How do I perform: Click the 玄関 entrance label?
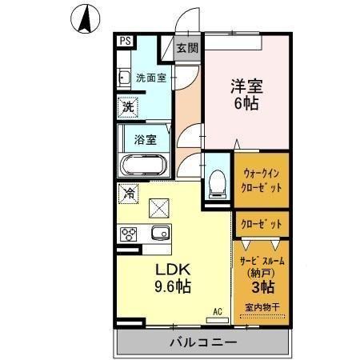[188, 47]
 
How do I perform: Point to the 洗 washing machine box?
[128, 106]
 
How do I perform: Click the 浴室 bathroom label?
[145, 138]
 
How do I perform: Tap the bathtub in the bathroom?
[144, 166]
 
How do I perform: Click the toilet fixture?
[215, 184]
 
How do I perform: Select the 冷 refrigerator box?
[128, 193]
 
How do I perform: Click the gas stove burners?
[129, 234]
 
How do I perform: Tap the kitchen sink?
[158, 234]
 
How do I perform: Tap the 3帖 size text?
[262, 287]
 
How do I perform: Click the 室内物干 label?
[262, 307]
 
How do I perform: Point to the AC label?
[217, 311]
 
